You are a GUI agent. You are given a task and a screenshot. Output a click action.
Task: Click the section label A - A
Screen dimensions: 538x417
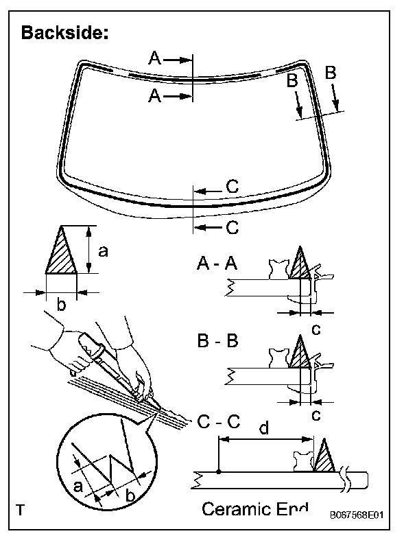217,264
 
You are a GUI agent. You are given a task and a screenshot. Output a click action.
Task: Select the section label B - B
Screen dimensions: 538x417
217,341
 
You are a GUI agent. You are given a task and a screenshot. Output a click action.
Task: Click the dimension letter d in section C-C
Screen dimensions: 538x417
264,430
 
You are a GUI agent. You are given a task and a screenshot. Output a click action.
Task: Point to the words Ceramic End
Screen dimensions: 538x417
255,509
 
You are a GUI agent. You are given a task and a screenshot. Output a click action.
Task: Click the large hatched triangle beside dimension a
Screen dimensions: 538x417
60,251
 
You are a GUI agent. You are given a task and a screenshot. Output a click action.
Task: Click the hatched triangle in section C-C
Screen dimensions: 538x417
323,456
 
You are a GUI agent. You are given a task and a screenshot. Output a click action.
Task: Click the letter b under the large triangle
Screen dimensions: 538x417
61,305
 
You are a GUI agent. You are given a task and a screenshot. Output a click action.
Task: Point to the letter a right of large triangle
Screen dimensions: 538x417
103,251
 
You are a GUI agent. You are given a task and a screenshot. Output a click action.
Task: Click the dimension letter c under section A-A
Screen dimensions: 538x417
315,329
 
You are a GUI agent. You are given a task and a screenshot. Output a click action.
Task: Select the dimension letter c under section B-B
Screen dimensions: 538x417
315,414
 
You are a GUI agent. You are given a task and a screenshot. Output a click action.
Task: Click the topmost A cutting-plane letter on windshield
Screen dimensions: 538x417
155,60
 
